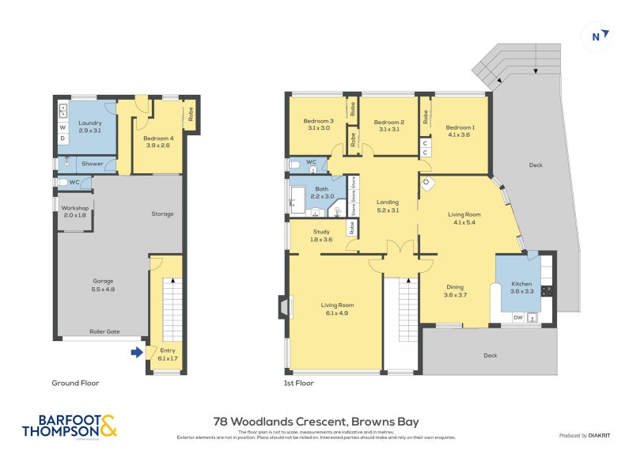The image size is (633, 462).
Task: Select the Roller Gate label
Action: coord(104,331)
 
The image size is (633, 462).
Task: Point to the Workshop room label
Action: coord(74,211)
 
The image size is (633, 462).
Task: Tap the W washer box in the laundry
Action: coord(63,127)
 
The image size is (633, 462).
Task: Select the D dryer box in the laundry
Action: coord(63,138)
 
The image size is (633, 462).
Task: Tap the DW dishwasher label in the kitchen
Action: coord(518,318)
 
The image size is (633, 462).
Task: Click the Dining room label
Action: coord(454,291)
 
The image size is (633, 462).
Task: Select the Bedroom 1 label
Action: coord(460,131)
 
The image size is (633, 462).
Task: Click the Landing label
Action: coord(388,206)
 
